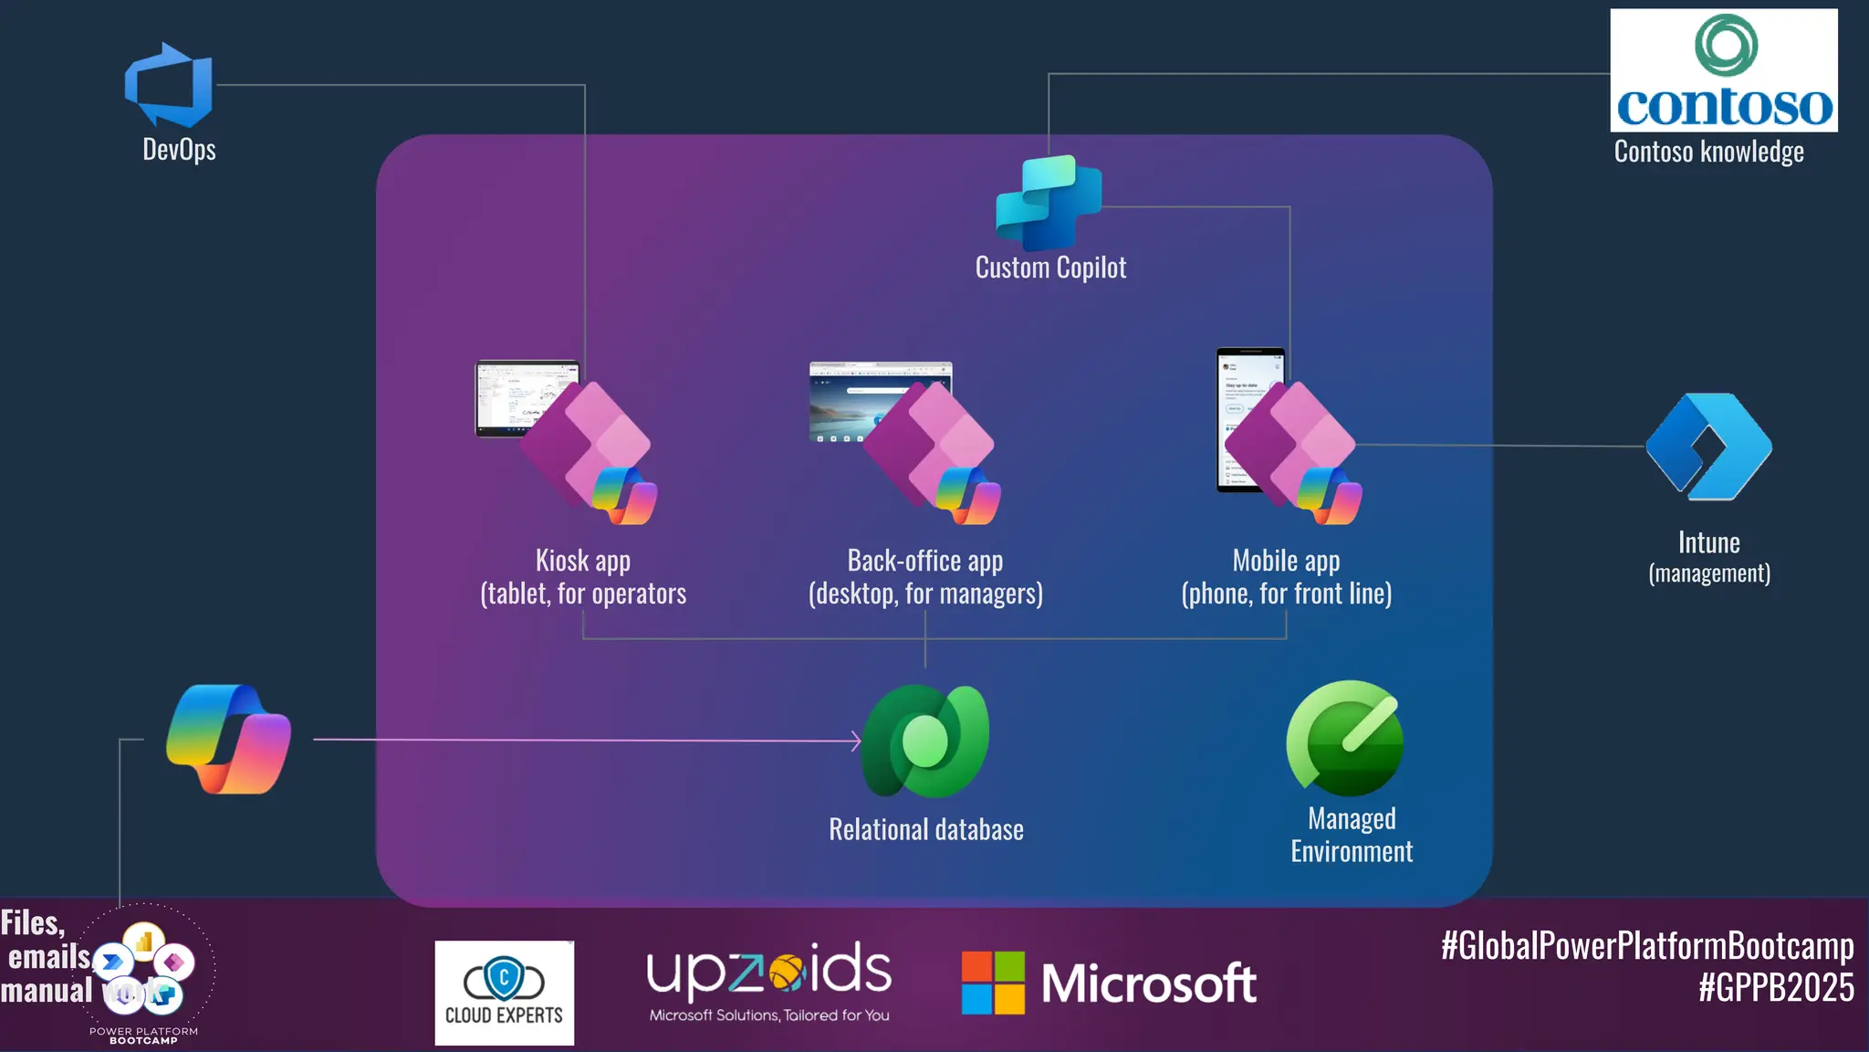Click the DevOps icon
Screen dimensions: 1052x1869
[169, 85]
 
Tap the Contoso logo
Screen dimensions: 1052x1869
[1723, 70]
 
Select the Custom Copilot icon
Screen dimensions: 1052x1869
[1049, 203]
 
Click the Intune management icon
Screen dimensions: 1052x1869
[1708, 447]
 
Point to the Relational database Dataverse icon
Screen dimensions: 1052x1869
[925, 741]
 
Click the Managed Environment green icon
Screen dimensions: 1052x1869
[1345, 738]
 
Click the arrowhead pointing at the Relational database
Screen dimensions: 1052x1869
[856, 741]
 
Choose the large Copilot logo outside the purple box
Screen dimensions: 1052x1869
[228, 739]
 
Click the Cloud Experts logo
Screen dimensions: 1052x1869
[504, 993]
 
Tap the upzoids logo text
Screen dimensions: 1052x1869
[768, 973]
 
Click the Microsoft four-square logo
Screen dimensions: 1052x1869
[993, 983]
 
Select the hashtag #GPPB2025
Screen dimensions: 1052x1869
[1775, 988]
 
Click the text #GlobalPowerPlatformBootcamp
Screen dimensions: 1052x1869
[1646, 946]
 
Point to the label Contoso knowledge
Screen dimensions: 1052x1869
[1708, 152]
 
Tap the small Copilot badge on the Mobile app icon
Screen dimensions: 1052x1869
[1330, 495]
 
